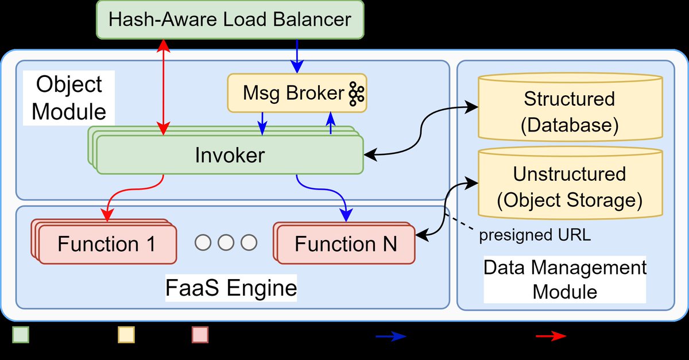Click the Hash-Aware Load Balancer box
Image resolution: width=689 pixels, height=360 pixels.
pyautogui.click(x=230, y=20)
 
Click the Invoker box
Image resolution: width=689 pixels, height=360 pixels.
pyautogui.click(x=230, y=156)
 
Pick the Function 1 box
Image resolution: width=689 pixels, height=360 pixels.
pyautogui.click(x=107, y=245)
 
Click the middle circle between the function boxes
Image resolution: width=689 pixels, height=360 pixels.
pyautogui.click(x=226, y=242)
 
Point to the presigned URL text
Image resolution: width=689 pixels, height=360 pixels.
pyautogui.click(x=535, y=235)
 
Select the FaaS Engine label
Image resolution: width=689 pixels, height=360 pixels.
pyautogui.click(x=231, y=288)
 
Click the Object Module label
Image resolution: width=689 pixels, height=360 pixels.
pyautogui.click(x=68, y=98)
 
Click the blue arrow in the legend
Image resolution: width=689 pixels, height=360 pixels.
pyautogui.click(x=391, y=336)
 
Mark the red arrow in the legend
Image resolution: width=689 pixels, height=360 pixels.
pyautogui.click(x=551, y=336)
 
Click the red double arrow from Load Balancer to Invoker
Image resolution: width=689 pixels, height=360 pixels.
pyautogui.click(x=165, y=86)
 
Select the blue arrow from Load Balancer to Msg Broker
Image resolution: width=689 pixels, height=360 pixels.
pyautogui.click(x=297, y=56)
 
